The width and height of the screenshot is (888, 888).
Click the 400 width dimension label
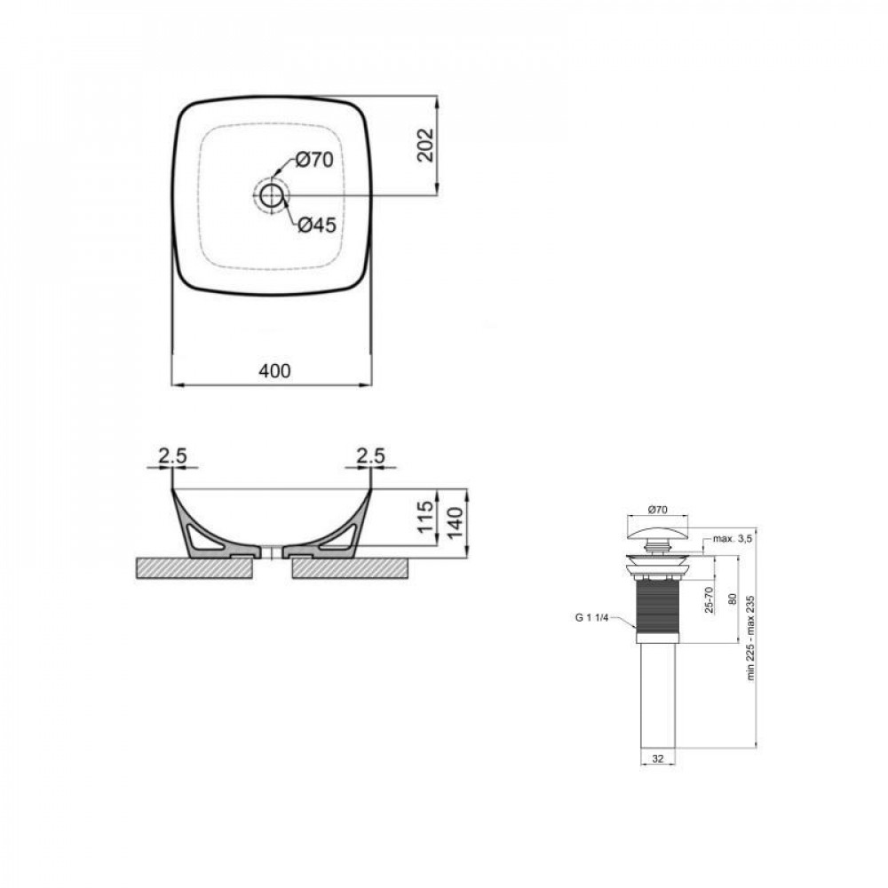pyautogui.click(x=274, y=370)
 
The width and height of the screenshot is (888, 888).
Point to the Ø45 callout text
pyautogui.click(x=315, y=226)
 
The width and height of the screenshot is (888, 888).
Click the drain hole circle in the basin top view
pyautogui.click(x=271, y=194)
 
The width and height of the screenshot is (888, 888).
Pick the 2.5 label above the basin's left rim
pyautogui.click(x=171, y=456)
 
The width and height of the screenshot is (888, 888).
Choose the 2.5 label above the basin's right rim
pyautogui.click(x=369, y=456)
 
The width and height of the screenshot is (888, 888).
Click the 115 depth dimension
pyautogui.click(x=424, y=516)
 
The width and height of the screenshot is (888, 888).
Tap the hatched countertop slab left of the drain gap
pyautogui.click(x=195, y=568)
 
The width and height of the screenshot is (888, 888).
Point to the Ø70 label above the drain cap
pyautogui.click(x=658, y=510)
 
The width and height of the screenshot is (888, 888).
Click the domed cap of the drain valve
pyautogui.click(x=658, y=531)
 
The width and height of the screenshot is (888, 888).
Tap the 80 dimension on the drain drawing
pyautogui.click(x=733, y=597)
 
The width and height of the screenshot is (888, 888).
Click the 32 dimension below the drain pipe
pyautogui.click(x=658, y=758)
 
